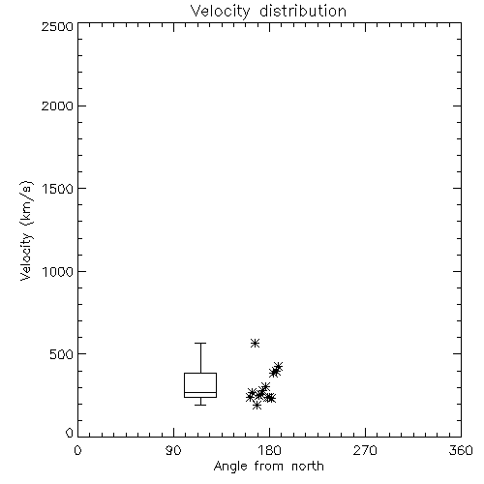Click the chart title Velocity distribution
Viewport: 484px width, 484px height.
[268, 11]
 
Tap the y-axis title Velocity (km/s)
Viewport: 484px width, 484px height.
[26, 230]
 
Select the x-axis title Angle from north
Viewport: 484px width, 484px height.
[268, 467]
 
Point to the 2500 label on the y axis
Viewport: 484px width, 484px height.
[57, 26]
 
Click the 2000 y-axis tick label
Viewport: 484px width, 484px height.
[57, 106]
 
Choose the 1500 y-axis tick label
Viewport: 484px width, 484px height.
[58, 189]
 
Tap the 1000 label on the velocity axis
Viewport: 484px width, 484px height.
[58, 271]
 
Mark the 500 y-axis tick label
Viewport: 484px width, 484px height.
[62, 354]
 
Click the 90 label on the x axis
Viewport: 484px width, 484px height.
[173, 450]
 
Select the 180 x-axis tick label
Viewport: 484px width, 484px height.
[269, 450]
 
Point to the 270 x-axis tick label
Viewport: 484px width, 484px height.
[365, 450]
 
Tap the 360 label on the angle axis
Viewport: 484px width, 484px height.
[461, 450]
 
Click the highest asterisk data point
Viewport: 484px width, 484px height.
[255, 343]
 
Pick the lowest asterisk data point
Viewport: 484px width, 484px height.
[257, 405]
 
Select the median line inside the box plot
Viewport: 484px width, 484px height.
[200, 392]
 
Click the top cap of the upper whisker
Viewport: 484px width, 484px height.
[200, 343]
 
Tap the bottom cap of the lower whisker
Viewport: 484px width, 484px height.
[200, 405]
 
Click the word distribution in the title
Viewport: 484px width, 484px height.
[303, 11]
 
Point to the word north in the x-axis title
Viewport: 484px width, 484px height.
[308, 467]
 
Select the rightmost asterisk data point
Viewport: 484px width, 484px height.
[278, 367]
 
